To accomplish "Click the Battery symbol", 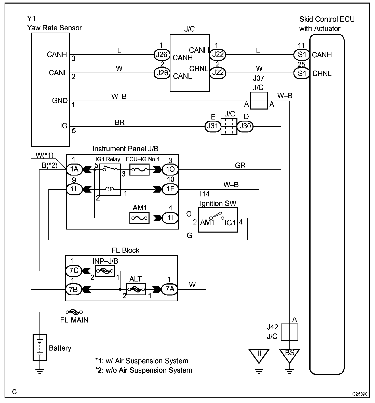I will tap(40, 347).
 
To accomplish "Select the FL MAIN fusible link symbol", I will tap(74, 312).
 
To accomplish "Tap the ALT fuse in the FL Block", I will tap(136, 289).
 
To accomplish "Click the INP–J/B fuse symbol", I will tap(105, 271).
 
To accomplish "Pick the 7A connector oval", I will tap(170, 289).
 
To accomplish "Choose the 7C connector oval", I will tap(74, 271).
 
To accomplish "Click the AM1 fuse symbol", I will tap(139, 218).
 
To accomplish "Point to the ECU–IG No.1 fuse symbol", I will tap(139, 169).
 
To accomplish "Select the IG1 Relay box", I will tap(110, 179).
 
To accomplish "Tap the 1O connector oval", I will tap(170, 169).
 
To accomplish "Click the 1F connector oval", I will tap(170, 190).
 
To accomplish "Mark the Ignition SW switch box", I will tap(218, 220).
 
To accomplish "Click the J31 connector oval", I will tap(212, 126).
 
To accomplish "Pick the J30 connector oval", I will tap(245, 126).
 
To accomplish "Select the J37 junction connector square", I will tap(259, 101).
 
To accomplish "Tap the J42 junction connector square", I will tap(289, 332).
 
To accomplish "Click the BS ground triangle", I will tap(289, 355).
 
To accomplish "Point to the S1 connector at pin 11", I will tap(302, 55).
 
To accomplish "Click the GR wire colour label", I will tap(240, 165).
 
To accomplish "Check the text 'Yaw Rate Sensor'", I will tap(54, 28).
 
